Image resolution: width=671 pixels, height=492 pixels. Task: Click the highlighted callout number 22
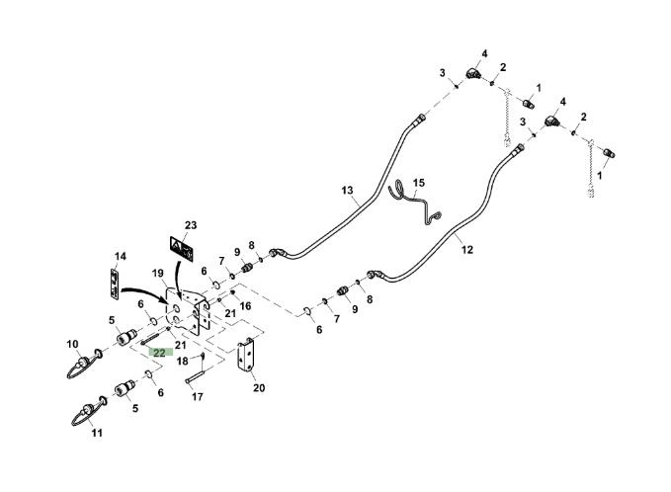159,351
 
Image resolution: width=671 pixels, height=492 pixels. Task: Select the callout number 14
121,257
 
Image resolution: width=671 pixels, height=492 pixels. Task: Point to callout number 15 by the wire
418,183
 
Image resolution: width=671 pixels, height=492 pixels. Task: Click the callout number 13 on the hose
347,189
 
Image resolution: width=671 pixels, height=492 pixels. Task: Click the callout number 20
259,387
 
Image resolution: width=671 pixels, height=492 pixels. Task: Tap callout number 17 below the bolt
198,397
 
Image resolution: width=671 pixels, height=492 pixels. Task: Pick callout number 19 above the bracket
158,274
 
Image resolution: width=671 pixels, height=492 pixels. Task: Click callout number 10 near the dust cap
72,344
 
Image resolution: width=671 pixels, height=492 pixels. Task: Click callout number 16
245,307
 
